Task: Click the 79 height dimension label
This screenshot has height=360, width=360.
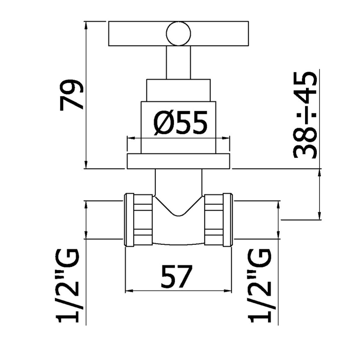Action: (x=71, y=95)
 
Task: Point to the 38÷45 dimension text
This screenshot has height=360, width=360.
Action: (x=304, y=115)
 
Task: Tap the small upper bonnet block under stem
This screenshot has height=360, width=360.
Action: (x=178, y=90)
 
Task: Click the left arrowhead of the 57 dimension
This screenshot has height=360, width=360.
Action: (x=129, y=291)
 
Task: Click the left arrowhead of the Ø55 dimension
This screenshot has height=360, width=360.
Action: (x=130, y=138)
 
